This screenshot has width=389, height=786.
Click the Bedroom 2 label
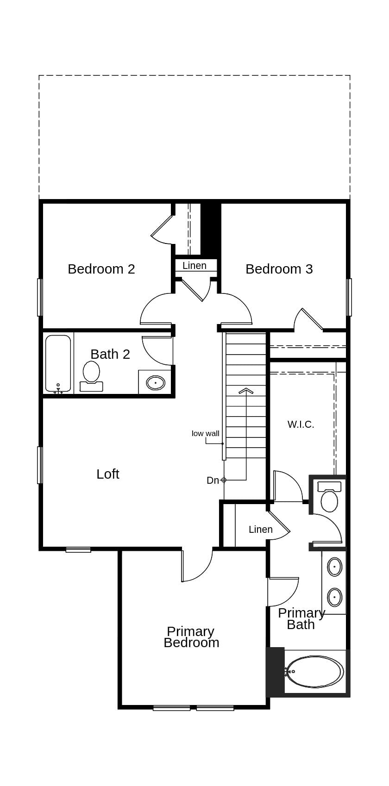101,269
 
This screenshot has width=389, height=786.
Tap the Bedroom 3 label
279,269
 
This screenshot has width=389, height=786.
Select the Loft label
107,474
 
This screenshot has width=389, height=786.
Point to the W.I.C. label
301,424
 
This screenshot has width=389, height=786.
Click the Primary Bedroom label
191,637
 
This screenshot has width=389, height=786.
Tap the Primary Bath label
301,618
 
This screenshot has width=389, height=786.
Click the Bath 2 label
110,354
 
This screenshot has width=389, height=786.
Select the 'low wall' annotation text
205,434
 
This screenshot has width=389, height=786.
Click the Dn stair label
213,480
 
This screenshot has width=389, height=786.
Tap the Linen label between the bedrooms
194,266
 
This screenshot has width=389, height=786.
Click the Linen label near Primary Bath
260,530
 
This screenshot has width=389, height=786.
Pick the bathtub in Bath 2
58,364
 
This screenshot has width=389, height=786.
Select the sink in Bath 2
155,383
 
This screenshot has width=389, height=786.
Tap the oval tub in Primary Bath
315,671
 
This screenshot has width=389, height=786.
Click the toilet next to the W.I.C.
329,499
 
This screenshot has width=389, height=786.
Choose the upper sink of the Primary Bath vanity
334,567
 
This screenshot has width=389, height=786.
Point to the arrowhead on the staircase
246,391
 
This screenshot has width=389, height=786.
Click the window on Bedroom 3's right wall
349,297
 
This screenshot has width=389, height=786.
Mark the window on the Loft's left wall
40,465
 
